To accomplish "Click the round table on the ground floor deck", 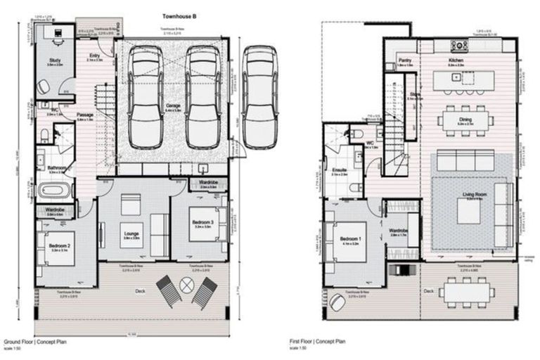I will point(187,285).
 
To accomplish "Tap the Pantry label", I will point(405,61).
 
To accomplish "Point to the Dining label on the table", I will point(465,120).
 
